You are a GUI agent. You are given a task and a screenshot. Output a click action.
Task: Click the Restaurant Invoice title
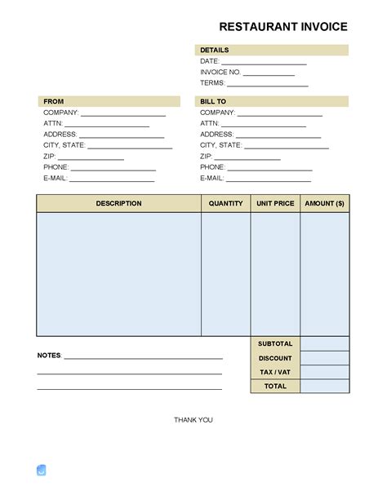[x=283, y=27]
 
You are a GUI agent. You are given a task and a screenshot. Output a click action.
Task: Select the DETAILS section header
[x=215, y=51]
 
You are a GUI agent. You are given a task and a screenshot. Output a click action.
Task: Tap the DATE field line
[x=264, y=62]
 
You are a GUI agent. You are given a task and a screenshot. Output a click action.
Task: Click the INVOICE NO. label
[x=220, y=73]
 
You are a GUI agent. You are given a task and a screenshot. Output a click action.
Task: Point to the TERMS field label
[x=211, y=83]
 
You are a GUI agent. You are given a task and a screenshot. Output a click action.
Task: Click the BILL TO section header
[x=213, y=102]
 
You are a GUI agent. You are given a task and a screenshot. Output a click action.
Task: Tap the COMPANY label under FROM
[x=60, y=113]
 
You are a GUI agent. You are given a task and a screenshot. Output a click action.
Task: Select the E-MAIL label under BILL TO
[x=211, y=178]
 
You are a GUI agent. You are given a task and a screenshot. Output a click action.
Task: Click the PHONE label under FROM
[x=56, y=167]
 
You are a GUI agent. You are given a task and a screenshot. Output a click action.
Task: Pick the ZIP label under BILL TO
[x=206, y=156]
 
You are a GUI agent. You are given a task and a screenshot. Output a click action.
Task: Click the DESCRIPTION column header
[x=118, y=204]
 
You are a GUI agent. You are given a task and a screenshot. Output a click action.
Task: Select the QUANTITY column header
[x=226, y=204]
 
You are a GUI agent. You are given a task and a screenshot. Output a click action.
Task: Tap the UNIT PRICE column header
[x=275, y=204]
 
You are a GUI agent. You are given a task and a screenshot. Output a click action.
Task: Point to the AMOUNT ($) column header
[x=325, y=204]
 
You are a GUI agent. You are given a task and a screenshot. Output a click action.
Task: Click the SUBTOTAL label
[x=275, y=344]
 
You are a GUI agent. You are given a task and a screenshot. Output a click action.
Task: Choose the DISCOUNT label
[x=275, y=358]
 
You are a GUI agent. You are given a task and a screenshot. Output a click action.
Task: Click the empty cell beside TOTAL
[x=325, y=386]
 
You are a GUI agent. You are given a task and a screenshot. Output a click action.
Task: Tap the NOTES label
[x=49, y=356]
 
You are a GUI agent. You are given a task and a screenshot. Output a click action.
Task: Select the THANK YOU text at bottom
[x=193, y=420]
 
